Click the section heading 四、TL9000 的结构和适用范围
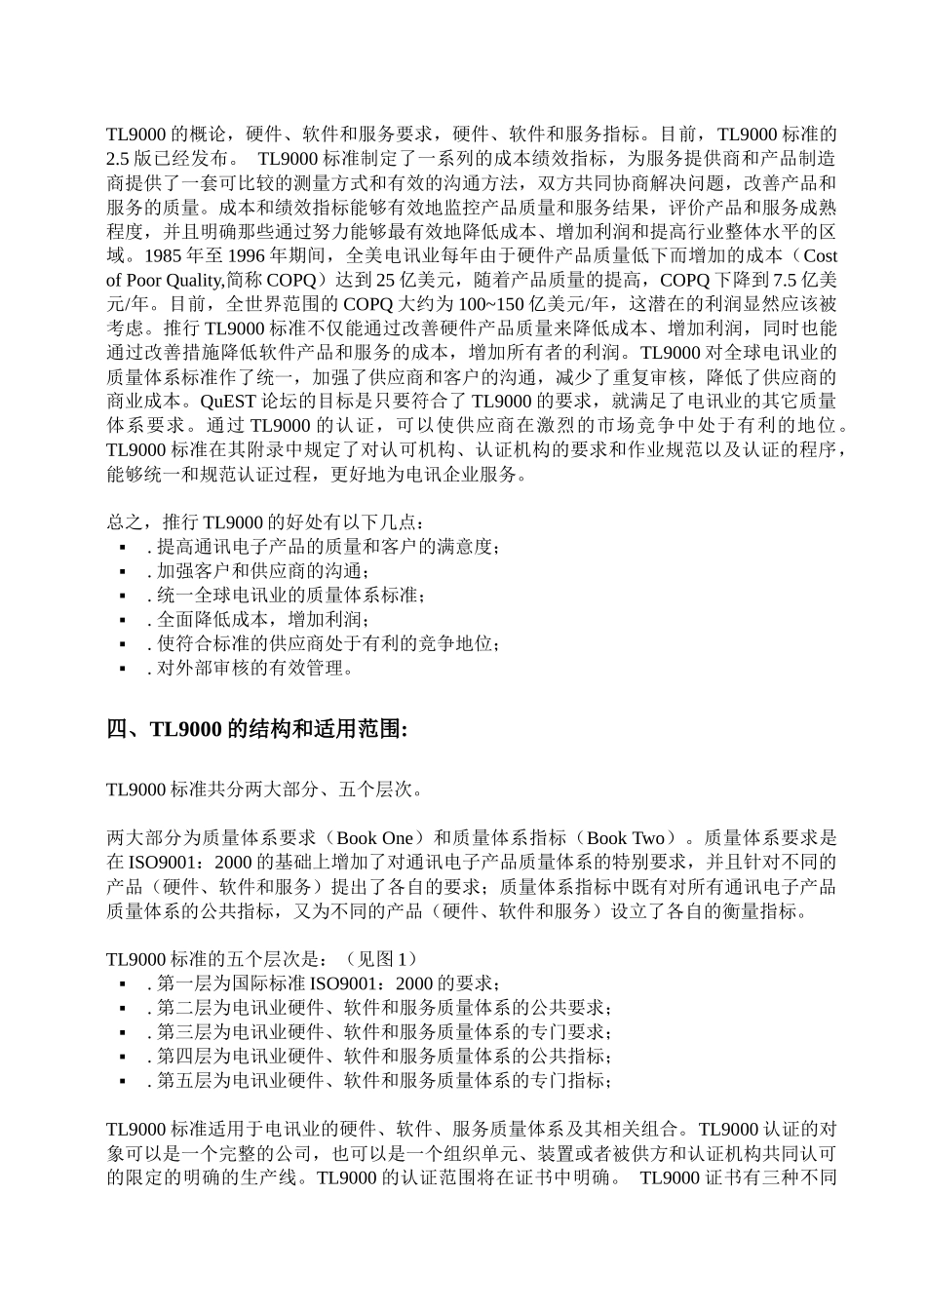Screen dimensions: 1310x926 click(257, 730)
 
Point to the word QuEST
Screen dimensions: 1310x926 click(225, 402)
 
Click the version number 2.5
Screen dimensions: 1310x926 click(120, 159)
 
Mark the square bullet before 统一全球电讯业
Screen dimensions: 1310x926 click(123, 597)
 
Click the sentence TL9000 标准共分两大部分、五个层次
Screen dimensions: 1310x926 click(266, 790)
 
